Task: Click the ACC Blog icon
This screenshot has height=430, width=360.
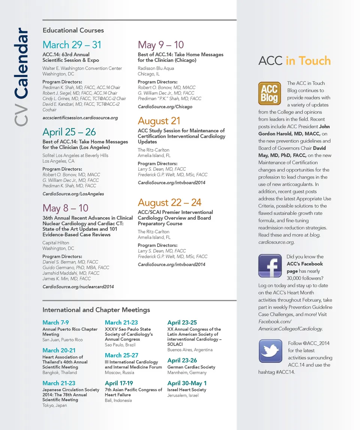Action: pyautogui.click(x=270, y=94)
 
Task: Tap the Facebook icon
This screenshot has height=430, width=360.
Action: pyautogui.click(x=270, y=265)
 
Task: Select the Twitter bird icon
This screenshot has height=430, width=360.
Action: pyautogui.click(x=270, y=351)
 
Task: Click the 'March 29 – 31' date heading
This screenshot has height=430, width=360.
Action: pyautogui.click(x=72, y=45)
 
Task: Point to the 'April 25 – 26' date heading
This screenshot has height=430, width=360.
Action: pyautogui.click(x=69, y=132)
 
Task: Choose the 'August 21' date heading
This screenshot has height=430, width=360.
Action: pyautogui.click(x=159, y=121)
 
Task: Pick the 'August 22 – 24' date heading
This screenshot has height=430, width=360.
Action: pyautogui.click(x=169, y=202)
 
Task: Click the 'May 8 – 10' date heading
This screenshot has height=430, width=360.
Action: pyautogui.click(x=65, y=208)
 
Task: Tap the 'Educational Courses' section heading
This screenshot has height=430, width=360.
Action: pyautogui.click(x=73, y=30)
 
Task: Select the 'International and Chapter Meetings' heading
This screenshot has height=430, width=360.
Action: pyautogui.click(x=96, y=310)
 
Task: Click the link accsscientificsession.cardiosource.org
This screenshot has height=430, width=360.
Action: pyautogui.click(x=80, y=118)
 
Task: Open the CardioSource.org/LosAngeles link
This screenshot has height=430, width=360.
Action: pyautogui.click(x=73, y=194)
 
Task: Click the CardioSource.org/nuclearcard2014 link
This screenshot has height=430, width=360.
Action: pyautogui.click(x=78, y=287)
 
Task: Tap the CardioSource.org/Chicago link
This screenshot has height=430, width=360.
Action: pyautogui.click(x=165, y=107)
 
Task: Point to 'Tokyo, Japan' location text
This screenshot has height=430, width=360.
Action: pyautogui.click(x=55, y=405)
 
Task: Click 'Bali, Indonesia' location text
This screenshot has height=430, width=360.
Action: pyautogui.click(x=118, y=400)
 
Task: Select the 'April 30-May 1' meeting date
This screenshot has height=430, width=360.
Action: pyautogui.click(x=187, y=383)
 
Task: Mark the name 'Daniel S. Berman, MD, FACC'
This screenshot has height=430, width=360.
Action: pyautogui.click(x=70, y=262)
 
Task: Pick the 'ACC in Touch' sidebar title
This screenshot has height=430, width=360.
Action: pyautogui.click(x=294, y=61)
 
